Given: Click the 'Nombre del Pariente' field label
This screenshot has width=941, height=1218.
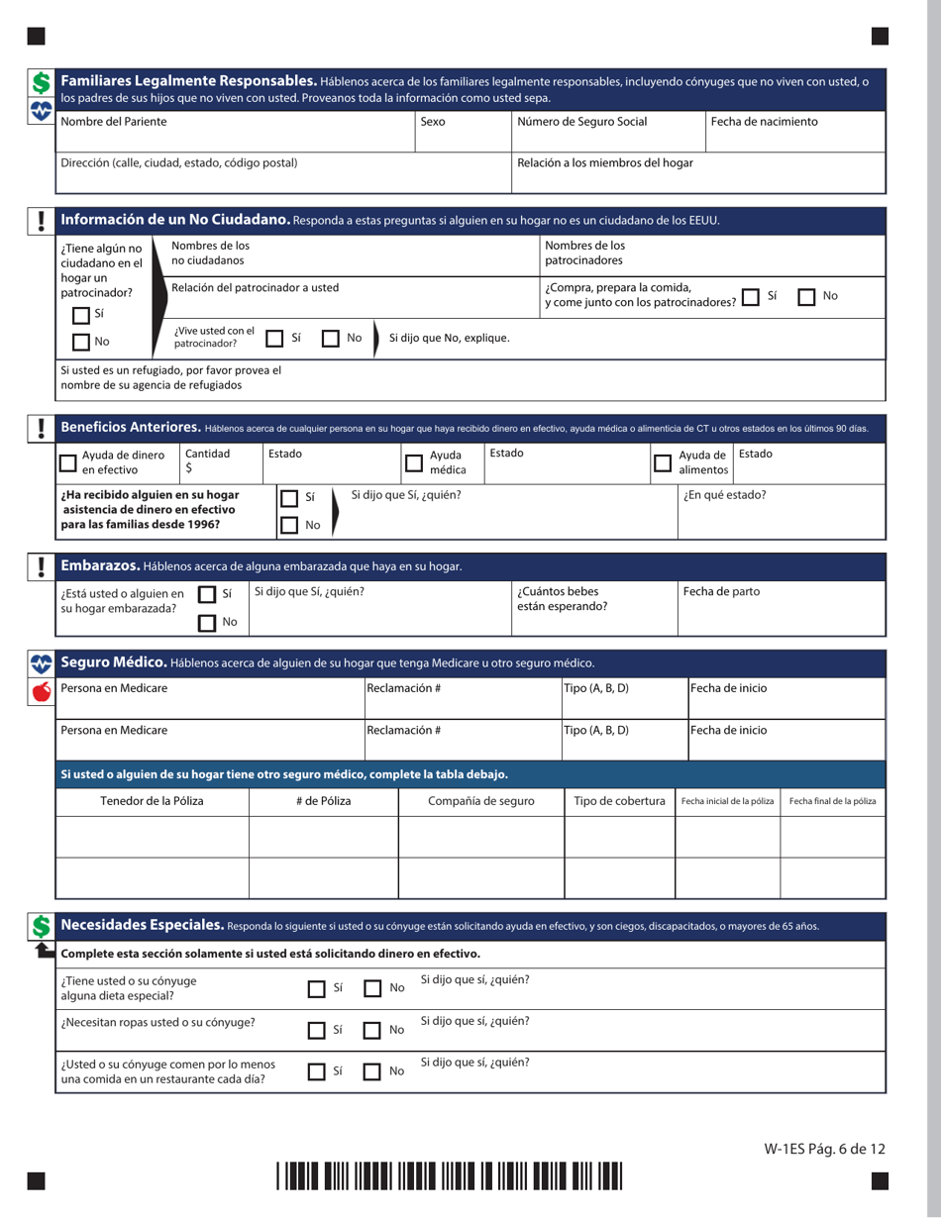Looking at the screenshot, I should point(114,122).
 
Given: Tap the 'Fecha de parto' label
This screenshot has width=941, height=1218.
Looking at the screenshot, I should point(722,591).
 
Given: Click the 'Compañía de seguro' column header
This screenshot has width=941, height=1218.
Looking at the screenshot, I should point(480,800).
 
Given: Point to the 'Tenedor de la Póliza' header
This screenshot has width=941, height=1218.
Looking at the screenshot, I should point(152,800).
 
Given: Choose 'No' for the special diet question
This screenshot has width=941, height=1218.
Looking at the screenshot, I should point(373,988).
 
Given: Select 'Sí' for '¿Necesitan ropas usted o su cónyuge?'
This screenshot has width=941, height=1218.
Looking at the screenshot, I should point(316,1030).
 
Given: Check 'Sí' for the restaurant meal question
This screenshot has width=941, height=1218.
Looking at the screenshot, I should point(316,1071).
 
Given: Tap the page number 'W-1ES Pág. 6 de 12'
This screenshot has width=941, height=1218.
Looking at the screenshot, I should point(823,1149).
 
